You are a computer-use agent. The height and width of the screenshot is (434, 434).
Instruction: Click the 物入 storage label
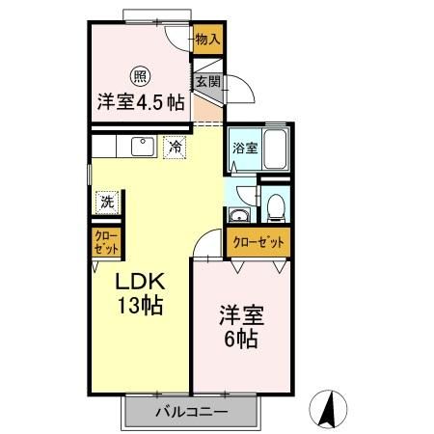pos(207,40)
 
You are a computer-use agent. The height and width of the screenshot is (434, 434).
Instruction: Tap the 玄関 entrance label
pos(208,81)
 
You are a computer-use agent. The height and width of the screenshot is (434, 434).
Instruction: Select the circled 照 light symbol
pos(139,73)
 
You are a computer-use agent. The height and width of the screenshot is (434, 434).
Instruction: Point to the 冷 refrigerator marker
pos(176,148)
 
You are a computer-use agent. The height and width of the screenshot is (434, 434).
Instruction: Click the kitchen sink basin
pos(141,147)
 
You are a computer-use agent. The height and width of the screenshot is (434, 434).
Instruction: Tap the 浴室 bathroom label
pos(245,149)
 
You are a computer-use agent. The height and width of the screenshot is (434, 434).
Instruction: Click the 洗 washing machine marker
pos(105,203)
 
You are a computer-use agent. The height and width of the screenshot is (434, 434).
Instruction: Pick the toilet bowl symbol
pos(276,205)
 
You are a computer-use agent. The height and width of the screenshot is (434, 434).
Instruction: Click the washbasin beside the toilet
pos(239,212)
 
